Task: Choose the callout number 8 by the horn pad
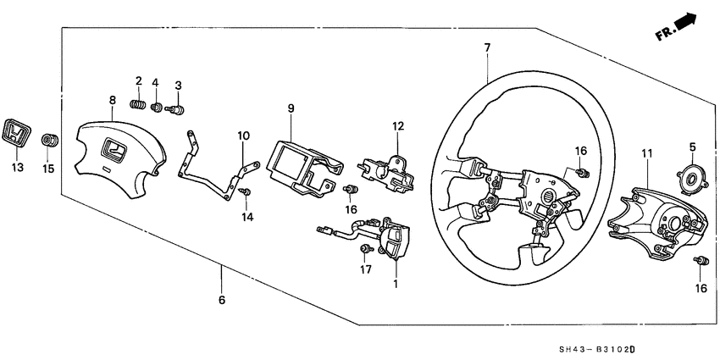click(112, 101)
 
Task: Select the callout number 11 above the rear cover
click(648, 153)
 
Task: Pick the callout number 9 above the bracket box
click(290, 108)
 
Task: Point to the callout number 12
click(396, 126)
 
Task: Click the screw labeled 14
click(246, 194)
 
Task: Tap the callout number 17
click(365, 271)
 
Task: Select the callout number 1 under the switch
click(395, 283)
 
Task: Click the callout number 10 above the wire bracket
click(243, 136)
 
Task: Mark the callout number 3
click(178, 86)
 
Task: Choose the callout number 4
click(156, 82)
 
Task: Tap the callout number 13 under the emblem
click(17, 168)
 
